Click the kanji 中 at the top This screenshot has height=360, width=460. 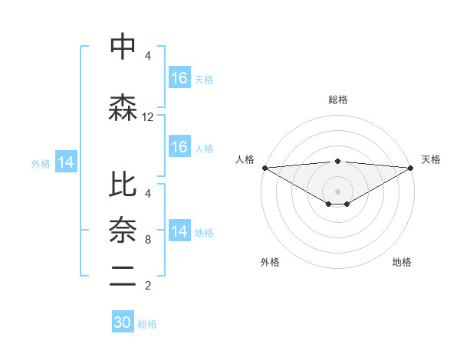click(x=123, y=46)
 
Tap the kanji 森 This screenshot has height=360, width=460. click(x=123, y=108)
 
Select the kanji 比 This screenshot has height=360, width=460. click(x=123, y=184)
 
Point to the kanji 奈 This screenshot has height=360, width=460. click(x=123, y=229)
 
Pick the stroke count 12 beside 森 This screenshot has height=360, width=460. click(x=148, y=117)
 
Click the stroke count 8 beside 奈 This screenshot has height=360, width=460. click(x=148, y=240)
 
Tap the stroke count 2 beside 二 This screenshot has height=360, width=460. click(x=148, y=286)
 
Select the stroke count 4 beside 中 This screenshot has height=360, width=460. click(x=148, y=56)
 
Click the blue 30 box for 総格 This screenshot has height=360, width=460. click(x=123, y=322)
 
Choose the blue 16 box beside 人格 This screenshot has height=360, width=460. click(x=179, y=147)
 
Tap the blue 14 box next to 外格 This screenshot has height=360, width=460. click(x=66, y=162)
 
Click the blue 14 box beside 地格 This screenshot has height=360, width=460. click(x=179, y=231)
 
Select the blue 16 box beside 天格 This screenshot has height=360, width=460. click(x=179, y=78)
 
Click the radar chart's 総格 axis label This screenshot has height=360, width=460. click(x=337, y=100)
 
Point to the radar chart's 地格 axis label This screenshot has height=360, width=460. click(x=402, y=262)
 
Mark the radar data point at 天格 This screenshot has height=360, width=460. click(x=410, y=167)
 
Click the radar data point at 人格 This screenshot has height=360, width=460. click(x=264, y=167)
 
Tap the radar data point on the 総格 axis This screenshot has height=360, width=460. click(x=337, y=161)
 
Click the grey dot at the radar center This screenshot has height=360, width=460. click(x=337, y=190)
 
